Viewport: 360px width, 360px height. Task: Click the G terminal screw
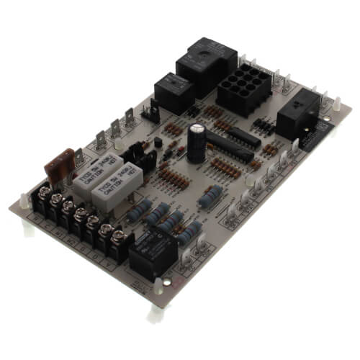[x=94, y=219]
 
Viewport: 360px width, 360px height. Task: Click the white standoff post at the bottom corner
[x=156, y=312]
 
